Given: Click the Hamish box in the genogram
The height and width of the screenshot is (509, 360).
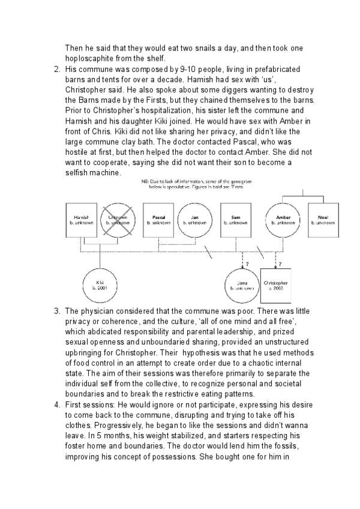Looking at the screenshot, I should [81, 219].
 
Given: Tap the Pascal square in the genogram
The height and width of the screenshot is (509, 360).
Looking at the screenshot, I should [159, 219].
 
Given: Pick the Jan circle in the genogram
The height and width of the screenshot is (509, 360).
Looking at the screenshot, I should [194, 219].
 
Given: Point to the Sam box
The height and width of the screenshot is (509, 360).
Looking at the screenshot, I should [236, 219].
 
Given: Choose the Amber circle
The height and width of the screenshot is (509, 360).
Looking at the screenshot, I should [283, 219].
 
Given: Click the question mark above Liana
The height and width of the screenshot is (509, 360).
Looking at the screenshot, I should [247, 263].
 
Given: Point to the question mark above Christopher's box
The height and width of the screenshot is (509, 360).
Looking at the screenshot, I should [280, 264].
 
